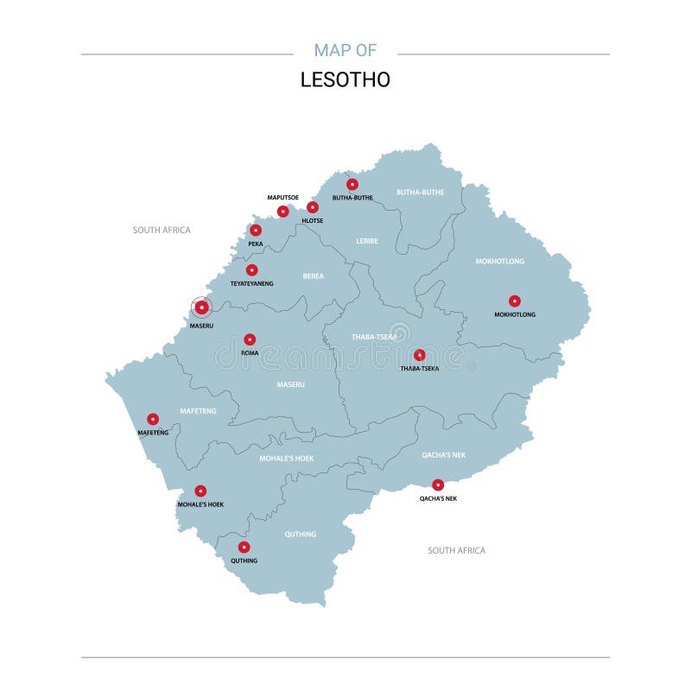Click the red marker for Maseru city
201,307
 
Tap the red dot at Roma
250,339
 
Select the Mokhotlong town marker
515,301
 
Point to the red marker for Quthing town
244,547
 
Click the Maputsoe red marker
282,212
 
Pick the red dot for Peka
256,230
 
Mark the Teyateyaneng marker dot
251,269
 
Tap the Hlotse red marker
313,207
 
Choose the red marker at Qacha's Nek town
438,485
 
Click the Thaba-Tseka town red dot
420,355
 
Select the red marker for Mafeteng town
153,419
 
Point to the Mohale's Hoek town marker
200,491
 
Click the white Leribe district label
367,241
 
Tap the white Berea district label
313,276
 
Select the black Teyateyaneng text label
251,283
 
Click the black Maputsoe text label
282,198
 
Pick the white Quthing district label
301,535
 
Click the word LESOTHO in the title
345,79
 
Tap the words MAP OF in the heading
345,50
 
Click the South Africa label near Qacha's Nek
457,550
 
